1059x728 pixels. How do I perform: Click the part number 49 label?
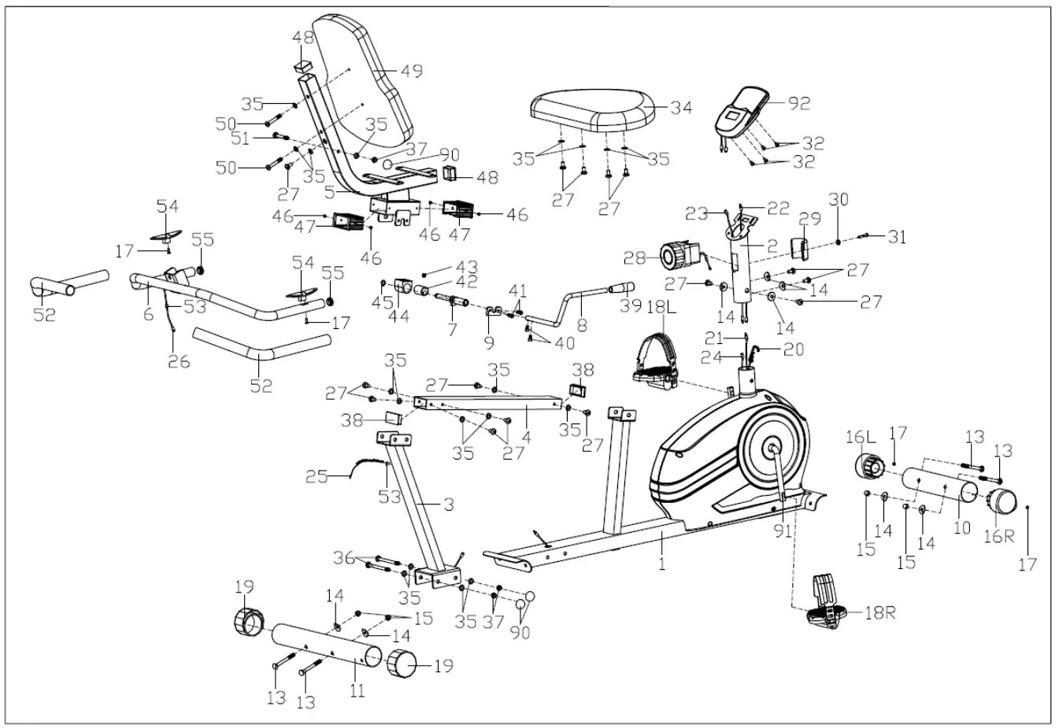pyautogui.click(x=411, y=71)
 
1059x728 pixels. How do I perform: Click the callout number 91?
pyautogui.click(x=783, y=531)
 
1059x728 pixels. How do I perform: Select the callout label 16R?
pyautogui.click(x=998, y=536)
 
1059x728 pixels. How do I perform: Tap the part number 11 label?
pyautogui.click(x=357, y=691)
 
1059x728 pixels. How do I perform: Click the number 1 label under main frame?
pyautogui.click(x=661, y=564)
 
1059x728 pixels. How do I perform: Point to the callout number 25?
pyautogui.click(x=317, y=476)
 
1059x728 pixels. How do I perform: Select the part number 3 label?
pyautogui.click(x=448, y=504)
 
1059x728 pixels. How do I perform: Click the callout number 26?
pyautogui.click(x=180, y=363)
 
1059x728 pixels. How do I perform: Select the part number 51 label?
pyautogui.click(x=240, y=139)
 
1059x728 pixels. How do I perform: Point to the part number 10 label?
pyautogui.click(x=962, y=528)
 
